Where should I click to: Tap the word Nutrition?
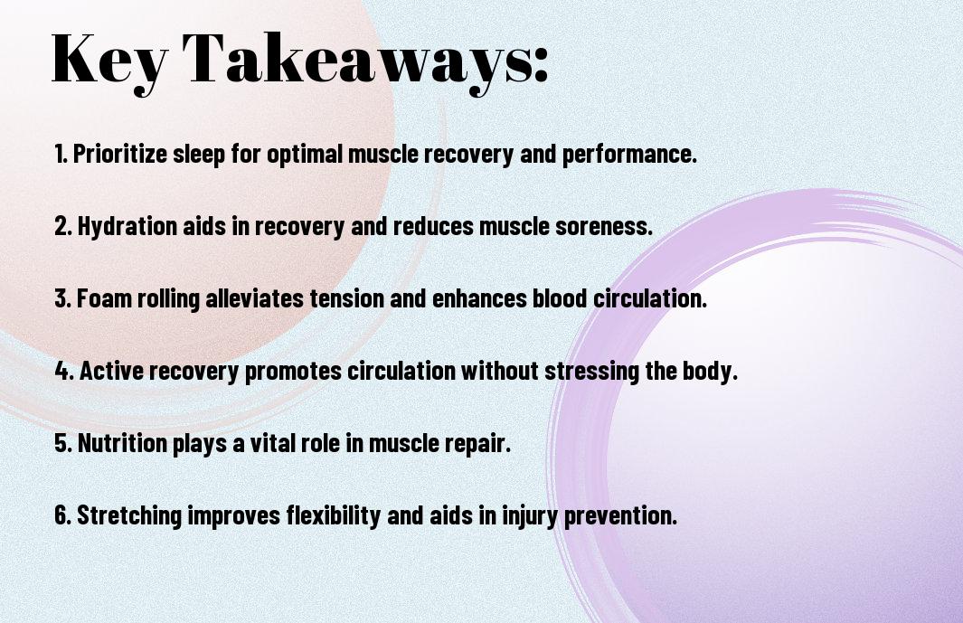(x=122, y=442)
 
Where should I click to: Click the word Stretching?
(x=129, y=514)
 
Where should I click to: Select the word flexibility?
(x=334, y=514)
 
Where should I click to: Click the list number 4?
(x=62, y=371)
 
